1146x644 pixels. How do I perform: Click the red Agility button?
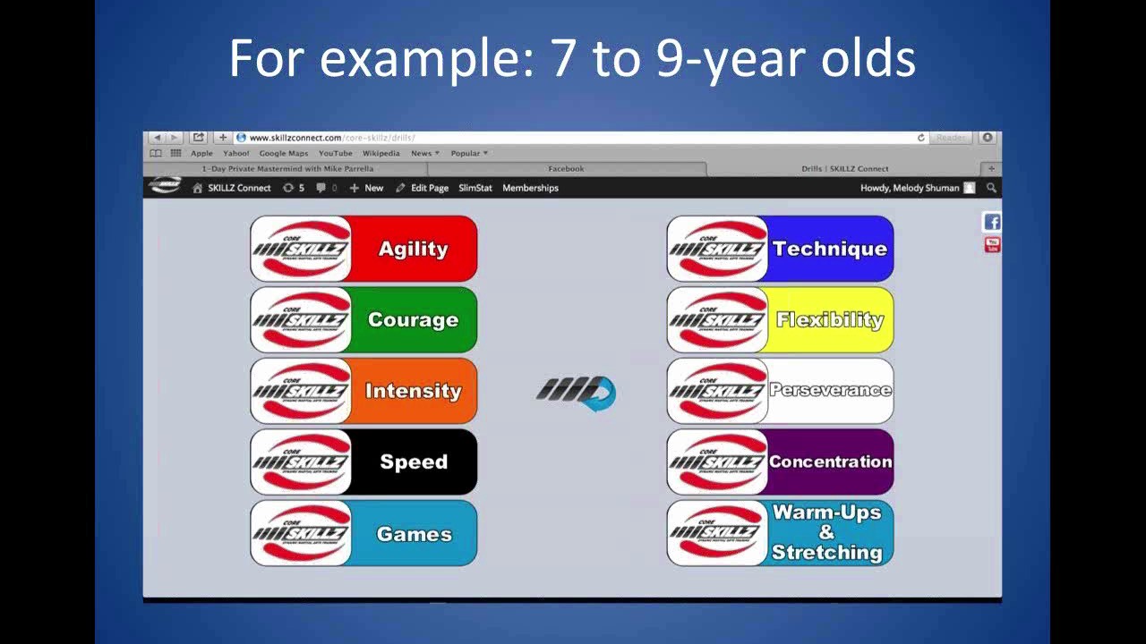(363, 249)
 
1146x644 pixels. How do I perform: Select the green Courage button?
(363, 319)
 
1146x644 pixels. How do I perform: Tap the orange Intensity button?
(363, 391)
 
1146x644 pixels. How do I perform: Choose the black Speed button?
(363, 462)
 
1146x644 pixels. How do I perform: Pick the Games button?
(363, 533)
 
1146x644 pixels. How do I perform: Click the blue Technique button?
(780, 249)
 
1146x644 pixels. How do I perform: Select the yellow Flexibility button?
(780, 319)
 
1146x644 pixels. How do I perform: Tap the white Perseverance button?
(780, 391)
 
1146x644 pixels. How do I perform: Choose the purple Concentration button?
(780, 462)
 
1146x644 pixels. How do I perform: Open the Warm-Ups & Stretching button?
(780, 533)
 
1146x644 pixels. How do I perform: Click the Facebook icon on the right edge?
(992, 223)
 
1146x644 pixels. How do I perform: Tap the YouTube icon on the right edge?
(992, 245)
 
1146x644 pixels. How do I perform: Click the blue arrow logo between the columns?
(577, 392)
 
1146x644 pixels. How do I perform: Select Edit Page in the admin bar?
(429, 188)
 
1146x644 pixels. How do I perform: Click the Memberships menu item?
(530, 188)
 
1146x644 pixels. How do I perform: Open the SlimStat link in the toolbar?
(475, 188)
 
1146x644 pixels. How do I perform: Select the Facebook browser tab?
(566, 168)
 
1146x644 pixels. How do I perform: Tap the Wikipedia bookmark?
(381, 153)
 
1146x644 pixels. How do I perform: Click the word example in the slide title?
(424, 59)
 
